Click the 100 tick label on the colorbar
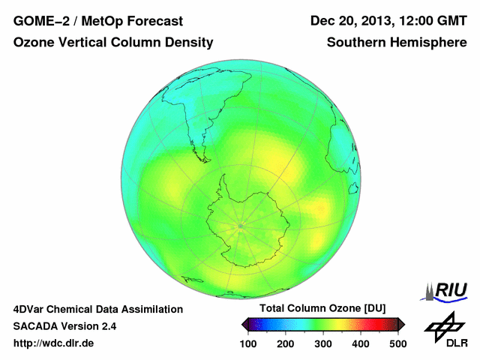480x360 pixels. (249, 343)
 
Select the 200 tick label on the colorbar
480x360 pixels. (286, 343)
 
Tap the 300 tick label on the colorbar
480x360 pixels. (323, 343)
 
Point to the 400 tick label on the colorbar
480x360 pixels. (360, 343)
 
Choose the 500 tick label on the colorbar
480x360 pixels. (397, 343)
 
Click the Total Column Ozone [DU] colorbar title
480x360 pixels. (322, 308)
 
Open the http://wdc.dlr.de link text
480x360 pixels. (54, 343)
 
